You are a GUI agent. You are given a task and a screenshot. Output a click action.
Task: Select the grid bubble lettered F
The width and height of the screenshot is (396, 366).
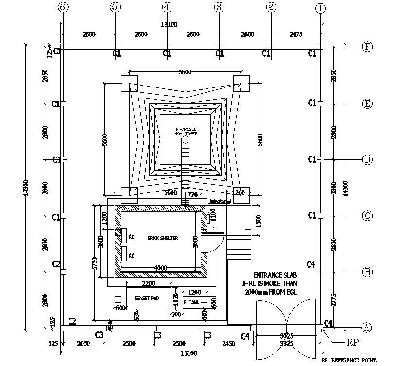[x=368, y=47]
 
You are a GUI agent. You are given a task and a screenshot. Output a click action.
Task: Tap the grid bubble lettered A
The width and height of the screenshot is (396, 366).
[x=367, y=328]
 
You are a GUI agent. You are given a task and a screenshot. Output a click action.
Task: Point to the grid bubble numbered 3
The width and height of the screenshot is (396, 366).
[x=219, y=7]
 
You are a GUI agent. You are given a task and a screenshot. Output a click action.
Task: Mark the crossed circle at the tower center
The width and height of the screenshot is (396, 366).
[x=185, y=140]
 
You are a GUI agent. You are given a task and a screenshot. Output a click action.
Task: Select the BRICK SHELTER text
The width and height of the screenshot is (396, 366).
[x=163, y=238]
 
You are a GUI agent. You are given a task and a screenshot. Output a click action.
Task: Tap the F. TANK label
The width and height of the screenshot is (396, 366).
[x=191, y=302]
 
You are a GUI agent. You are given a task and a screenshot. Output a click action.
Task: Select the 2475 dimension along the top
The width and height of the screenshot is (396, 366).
[x=295, y=34]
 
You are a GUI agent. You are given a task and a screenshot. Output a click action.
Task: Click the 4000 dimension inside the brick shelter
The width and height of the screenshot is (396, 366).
[x=161, y=268]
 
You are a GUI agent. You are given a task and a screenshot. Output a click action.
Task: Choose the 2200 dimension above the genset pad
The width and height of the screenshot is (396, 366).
[x=149, y=283]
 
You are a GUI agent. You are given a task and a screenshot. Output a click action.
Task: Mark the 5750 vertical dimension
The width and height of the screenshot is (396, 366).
[x=96, y=263]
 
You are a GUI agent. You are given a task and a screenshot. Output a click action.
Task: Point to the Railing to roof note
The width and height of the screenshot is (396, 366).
[x=221, y=201]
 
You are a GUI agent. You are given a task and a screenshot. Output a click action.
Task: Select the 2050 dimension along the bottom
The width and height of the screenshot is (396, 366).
[x=84, y=344]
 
